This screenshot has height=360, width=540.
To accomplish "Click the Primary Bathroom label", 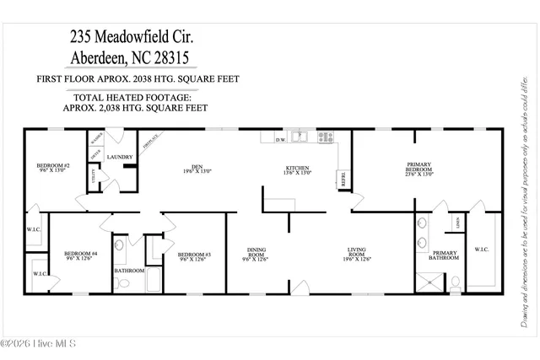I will [445, 256].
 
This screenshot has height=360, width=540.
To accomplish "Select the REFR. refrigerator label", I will [343, 179].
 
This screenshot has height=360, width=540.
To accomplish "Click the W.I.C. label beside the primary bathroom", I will [482, 250].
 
